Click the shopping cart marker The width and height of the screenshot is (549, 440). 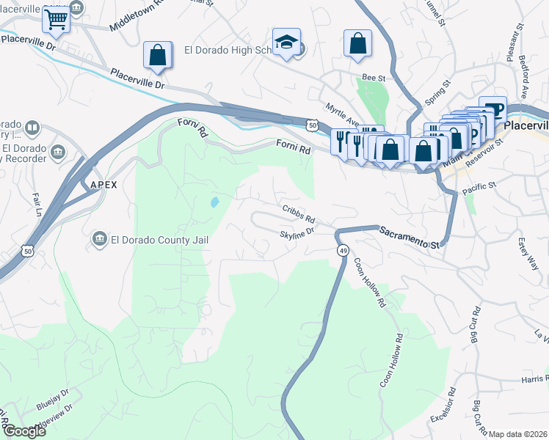pyautogui.click(x=56, y=20)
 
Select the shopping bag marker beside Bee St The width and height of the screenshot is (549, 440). pyautogui.click(x=357, y=43)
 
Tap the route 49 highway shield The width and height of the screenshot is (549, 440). pyautogui.click(x=342, y=251)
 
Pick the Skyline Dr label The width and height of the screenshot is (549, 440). pyautogui.click(x=297, y=233)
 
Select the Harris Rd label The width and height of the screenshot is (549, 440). pyautogui.click(x=534, y=379)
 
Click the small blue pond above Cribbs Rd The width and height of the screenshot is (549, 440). pyautogui.click(x=214, y=202)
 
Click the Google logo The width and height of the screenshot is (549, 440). pyautogui.click(x=23, y=430)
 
